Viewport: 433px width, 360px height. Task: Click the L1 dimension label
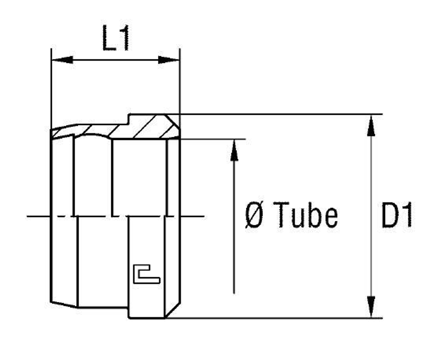pyautogui.click(x=116, y=38)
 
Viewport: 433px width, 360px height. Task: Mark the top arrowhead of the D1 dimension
pyautogui.click(x=371, y=125)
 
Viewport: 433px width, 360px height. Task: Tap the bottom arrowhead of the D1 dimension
pyautogui.click(x=371, y=307)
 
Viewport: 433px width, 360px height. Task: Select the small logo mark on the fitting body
pyautogui.click(x=146, y=275)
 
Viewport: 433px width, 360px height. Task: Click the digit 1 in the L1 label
pyautogui.click(x=124, y=38)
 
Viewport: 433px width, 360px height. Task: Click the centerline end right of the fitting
pyautogui.click(x=201, y=216)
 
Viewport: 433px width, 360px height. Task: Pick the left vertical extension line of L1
pyautogui.click(x=52, y=87)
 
